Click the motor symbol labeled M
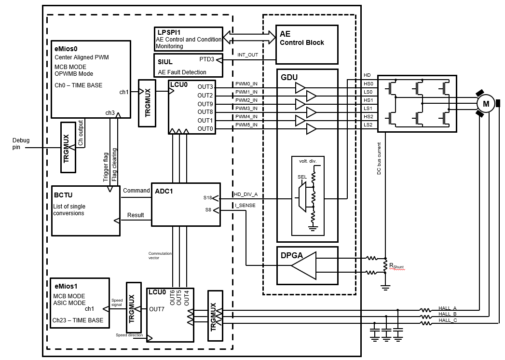click(x=486, y=104)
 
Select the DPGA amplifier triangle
click(x=304, y=265)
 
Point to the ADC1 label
click(x=164, y=191)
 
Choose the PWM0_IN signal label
click(x=246, y=84)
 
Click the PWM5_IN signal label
click(x=246, y=125)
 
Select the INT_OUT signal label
click(x=248, y=55)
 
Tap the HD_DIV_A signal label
click(x=246, y=194)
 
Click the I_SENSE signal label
click(x=244, y=206)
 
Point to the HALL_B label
click(x=447, y=314)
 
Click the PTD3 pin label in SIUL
click(x=206, y=59)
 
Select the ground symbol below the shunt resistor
click(x=385, y=288)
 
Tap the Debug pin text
click(x=21, y=144)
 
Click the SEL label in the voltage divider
click(x=302, y=177)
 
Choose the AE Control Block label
click(x=302, y=38)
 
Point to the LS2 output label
click(x=368, y=125)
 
